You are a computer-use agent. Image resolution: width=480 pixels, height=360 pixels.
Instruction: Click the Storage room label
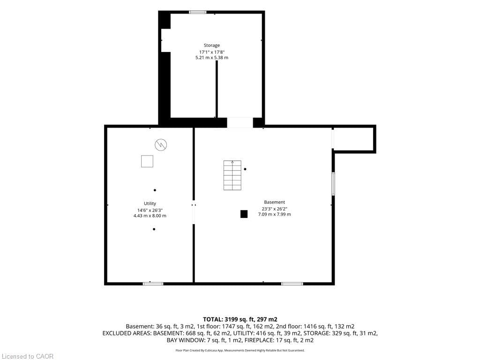click(212, 45)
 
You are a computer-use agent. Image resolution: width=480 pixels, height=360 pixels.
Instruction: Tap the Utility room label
click(150, 203)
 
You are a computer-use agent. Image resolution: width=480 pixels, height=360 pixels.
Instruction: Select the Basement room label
click(275, 202)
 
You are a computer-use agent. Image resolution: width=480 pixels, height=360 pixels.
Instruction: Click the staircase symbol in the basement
click(232, 175)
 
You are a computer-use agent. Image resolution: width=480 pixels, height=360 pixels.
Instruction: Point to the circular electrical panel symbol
click(161, 144)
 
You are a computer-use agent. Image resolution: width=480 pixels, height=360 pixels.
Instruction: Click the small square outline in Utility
click(147, 161)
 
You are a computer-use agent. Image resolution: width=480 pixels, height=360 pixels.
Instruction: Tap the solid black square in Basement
click(244, 214)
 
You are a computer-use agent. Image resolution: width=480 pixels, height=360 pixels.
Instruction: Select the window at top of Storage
click(197, 12)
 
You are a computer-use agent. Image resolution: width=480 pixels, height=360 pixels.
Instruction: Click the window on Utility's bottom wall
click(153, 284)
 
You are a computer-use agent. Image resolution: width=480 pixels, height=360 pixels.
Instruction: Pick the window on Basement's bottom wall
click(292, 284)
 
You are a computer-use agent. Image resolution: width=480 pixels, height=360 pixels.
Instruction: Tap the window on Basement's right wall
click(333, 184)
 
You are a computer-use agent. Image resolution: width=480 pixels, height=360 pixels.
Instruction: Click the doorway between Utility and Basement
click(194, 214)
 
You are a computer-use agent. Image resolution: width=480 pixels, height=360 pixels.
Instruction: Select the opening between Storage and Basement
click(240, 122)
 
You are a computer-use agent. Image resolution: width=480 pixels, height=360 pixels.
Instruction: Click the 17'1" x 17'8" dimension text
click(212, 52)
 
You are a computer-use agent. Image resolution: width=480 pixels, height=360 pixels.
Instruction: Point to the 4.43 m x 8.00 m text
click(150, 216)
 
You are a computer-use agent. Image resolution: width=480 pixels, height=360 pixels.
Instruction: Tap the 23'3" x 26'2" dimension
click(275, 209)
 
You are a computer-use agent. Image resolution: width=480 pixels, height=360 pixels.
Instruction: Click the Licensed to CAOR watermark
click(28, 356)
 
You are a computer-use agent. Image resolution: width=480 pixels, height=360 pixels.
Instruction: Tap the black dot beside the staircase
click(245, 169)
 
